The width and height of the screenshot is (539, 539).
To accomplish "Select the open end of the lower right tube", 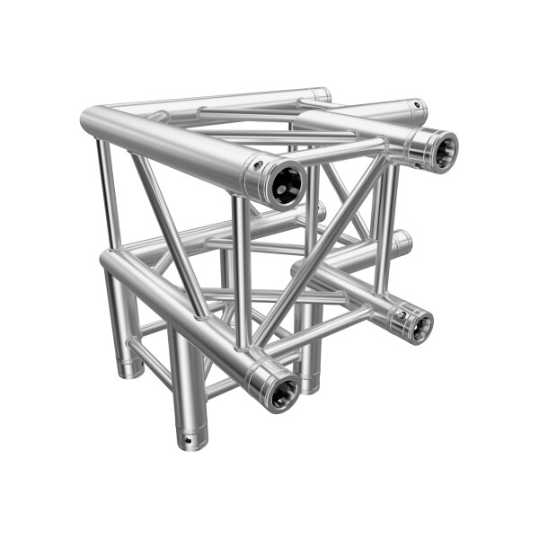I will (x=417, y=324).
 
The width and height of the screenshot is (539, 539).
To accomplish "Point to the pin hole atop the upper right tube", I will (x=415, y=106).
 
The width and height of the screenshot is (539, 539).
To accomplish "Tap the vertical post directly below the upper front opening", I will (x=242, y=269).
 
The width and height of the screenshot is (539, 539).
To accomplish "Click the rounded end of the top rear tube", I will (x=323, y=93).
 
